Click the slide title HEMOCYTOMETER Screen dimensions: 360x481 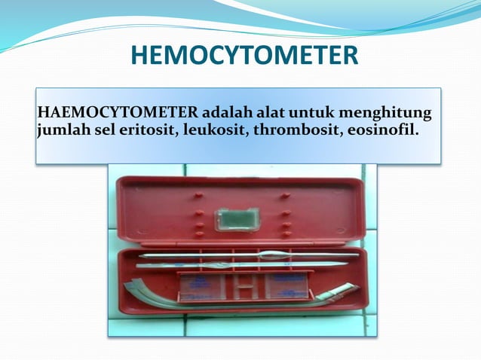click(244, 56)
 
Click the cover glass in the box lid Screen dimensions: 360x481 click(237, 219)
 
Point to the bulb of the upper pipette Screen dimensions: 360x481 click(269, 255)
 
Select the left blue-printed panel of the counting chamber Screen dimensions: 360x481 click(203, 285)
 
